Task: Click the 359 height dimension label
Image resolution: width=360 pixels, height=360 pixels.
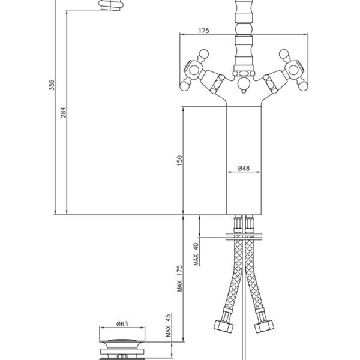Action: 52,85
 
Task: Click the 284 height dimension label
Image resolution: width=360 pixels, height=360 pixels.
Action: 63,112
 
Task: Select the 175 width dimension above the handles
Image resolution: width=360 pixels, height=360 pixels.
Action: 204,31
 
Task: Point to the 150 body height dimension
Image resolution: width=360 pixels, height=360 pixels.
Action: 179,161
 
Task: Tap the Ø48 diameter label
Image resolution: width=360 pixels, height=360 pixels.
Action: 244,168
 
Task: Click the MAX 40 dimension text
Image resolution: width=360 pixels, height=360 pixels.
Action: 196,254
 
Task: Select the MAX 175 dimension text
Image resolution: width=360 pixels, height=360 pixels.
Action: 180,278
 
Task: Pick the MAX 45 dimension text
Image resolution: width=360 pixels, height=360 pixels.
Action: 168,325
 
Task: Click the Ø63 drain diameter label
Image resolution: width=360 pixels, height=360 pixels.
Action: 122,324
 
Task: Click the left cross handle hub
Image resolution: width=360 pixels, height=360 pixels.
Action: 194,70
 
